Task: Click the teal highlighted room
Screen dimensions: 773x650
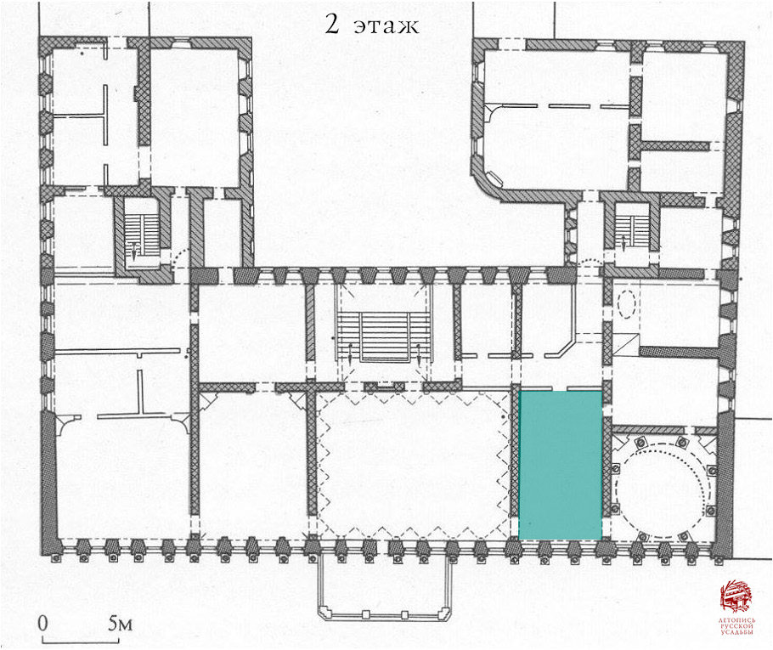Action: coord(561,465)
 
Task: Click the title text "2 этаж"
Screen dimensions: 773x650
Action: coord(372,24)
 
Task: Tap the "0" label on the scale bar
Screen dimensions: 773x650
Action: coord(42,623)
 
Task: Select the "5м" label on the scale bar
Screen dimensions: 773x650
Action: coord(121,624)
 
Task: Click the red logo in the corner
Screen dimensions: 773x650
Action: coord(736,596)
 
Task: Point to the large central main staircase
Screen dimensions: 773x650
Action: coord(385,337)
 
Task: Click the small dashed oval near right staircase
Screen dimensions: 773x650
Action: coord(627,304)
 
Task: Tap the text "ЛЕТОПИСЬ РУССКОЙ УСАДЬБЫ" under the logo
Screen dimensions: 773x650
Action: coord(736,626)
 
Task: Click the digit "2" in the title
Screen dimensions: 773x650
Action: coord(332,24)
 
